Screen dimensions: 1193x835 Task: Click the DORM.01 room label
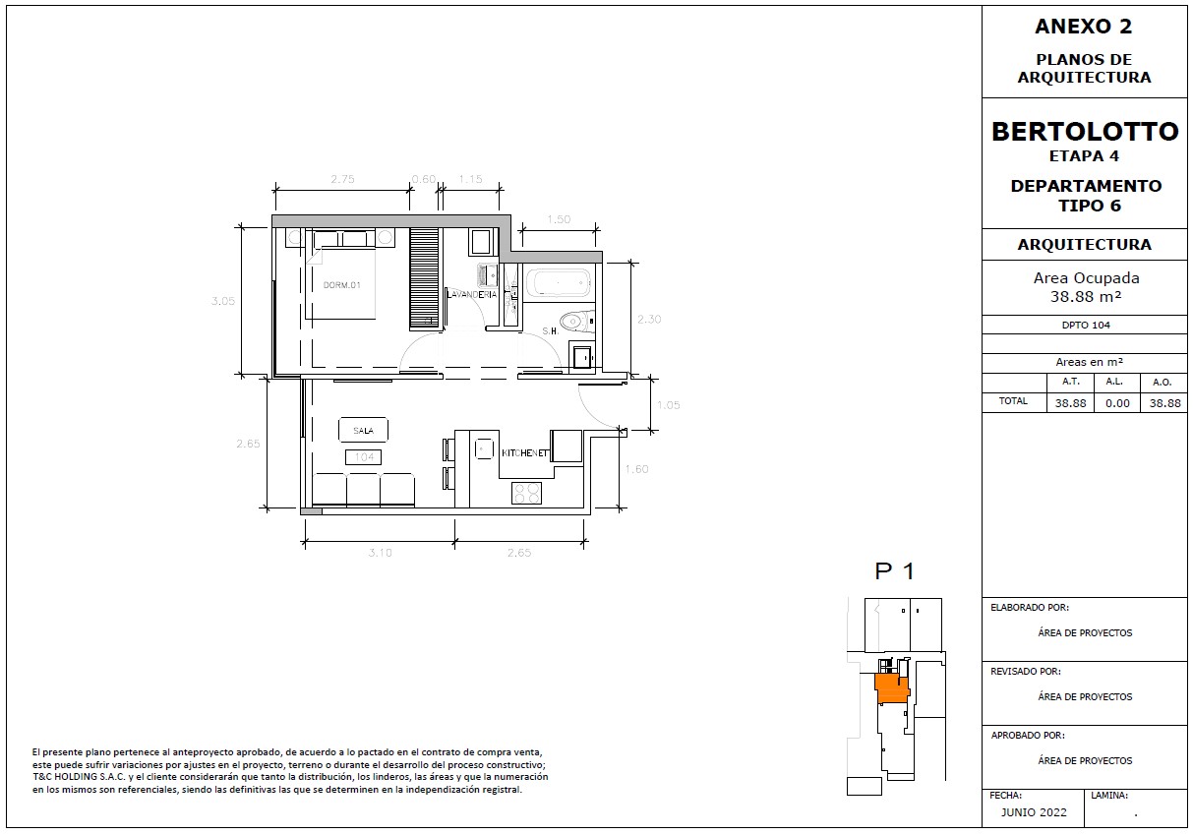342,285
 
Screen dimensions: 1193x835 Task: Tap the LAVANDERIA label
472,294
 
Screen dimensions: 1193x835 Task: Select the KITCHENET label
525,453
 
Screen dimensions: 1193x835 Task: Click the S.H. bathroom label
550,331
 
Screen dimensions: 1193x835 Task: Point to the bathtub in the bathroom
559,283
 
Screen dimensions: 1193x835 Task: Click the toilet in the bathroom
576,321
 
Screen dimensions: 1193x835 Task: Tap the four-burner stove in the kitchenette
527,493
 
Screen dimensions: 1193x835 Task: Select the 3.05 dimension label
222,301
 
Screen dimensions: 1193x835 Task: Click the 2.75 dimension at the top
342,179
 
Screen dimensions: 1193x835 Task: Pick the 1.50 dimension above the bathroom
559,219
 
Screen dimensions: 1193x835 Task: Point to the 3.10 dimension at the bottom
380,553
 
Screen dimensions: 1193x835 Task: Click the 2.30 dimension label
649,319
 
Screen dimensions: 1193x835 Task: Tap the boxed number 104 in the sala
364,457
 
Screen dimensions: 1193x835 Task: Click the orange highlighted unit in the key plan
892,688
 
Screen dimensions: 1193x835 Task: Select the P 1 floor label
895,571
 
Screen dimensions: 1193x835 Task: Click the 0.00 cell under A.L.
1117,403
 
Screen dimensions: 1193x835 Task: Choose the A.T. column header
1070,382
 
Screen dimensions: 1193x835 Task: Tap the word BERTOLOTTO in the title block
1085,132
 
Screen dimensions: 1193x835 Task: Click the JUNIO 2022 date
1034,812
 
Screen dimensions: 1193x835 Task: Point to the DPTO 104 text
1086,325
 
